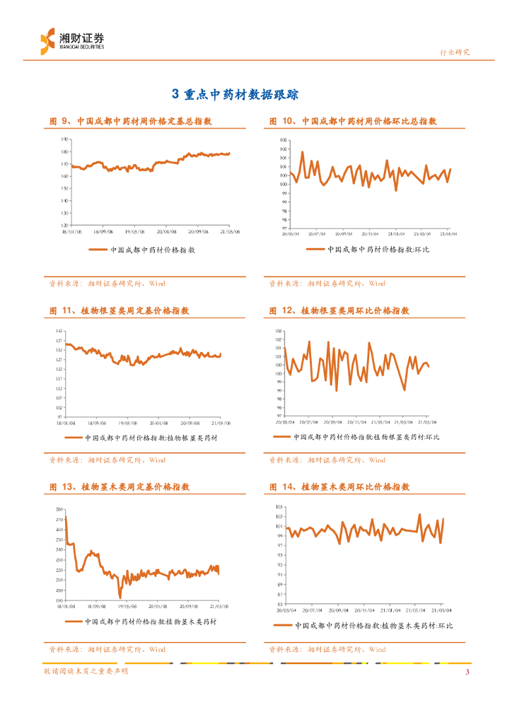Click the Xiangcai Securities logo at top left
(71, 40)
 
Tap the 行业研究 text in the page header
(455, 52)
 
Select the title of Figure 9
(131, 122)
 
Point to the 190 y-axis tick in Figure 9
(64, 139)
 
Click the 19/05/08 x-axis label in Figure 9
(134, 230)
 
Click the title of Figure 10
(353, 122)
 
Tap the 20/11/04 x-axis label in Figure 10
(369, 233)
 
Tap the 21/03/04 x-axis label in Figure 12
(402, 422)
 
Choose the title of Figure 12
(340, 310)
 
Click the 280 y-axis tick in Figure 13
(59, 510)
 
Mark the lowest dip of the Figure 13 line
(120, 598)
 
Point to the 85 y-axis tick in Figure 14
(280, 605)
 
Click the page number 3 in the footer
(467, 672)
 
